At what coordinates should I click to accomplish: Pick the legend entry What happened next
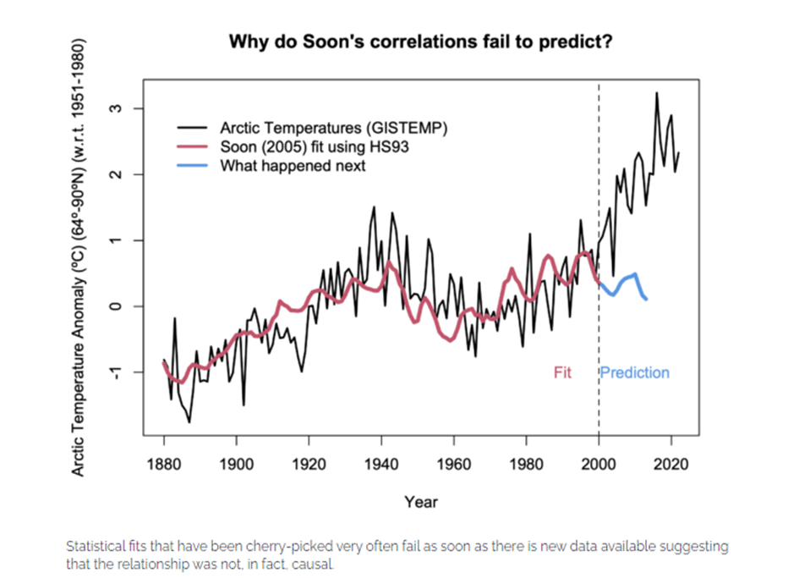click(x=293, y=166)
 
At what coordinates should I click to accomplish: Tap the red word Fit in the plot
click(x=562, y=372)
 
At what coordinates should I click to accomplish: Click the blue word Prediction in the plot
click(x=635, y=372)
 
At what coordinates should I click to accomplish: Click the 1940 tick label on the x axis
click(x=381, y=465)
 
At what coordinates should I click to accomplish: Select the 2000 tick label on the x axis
click(x=599, y=465)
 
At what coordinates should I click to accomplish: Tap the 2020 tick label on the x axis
click(x=671, y=465)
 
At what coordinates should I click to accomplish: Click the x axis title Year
click(x=420, y=502)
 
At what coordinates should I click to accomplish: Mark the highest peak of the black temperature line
click(x=656, y=92)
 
